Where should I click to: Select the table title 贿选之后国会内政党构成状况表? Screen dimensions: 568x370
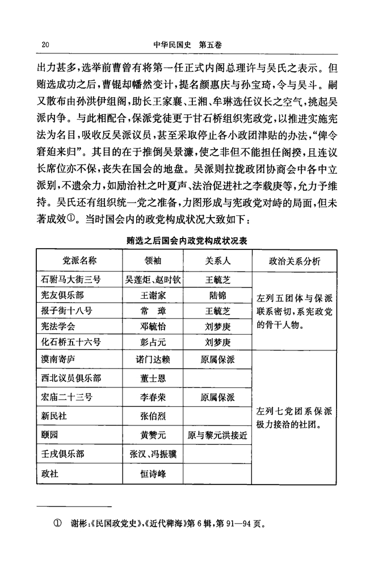click(x=187, y=241)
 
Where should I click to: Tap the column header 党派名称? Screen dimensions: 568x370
click(x=79, y=261)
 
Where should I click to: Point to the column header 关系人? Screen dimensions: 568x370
click(x=217, y=261)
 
